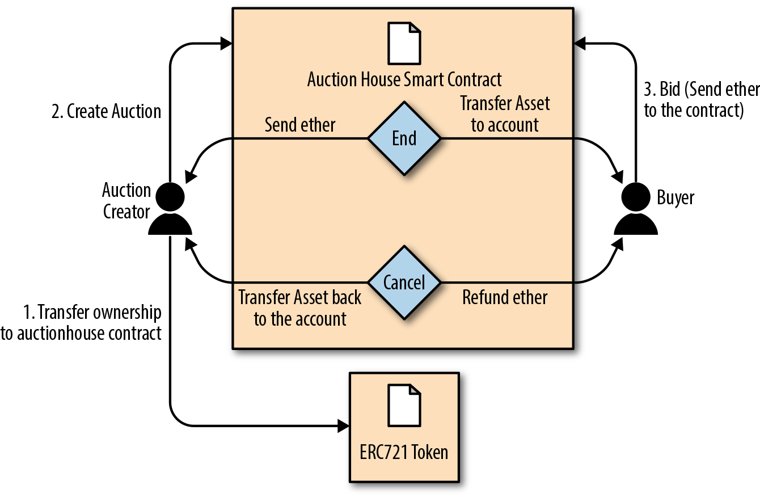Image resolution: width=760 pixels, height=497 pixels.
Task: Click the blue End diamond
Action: click(x=404, y=138)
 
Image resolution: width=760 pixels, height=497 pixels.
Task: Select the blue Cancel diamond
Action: click(x=404, y=282)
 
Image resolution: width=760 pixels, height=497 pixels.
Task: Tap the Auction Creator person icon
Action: click(x=170, y=209)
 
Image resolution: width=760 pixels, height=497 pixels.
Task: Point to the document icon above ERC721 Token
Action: click(x=404, y=405)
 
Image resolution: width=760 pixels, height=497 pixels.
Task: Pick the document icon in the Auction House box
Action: click(x=404, y=43)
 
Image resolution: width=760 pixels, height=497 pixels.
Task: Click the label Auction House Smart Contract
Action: click(x=404, y=79)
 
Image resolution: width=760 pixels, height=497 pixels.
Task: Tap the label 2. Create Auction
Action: click(x=106, y=111)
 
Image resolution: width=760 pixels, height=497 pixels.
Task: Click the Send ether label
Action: click(x=300, y=125)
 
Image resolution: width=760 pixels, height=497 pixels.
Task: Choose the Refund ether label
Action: click(x=505, y=297)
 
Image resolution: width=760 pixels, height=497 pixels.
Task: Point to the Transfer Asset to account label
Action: click(x=505, y=114)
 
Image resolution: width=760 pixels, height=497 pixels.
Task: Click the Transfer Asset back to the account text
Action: click(x=300, y=308)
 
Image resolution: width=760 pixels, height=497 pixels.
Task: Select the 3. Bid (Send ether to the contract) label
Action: click(x=701, y=100)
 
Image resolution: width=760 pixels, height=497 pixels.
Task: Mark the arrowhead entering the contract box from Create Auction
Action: click(x=226, y=43)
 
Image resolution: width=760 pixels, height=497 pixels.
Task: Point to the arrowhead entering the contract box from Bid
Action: click(x=580, y=43)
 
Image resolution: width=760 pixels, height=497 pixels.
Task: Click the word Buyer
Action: click(x=675, y=197)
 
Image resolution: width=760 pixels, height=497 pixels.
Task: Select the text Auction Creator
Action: click(x=126, y=201)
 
